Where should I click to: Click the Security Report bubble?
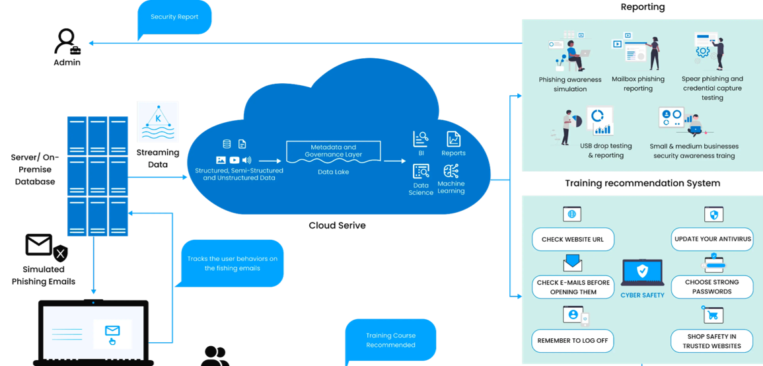(174, 17)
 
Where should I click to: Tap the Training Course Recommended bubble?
(391, 340)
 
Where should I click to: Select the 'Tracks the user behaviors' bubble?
(232, 263)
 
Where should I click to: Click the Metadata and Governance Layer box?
(332, 150)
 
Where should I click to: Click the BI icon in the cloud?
(421, 139)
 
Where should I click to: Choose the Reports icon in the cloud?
(453, 139)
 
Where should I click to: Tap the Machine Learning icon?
(452, 171)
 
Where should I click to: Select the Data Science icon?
(421, 172)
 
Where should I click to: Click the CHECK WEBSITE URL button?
(572, 239)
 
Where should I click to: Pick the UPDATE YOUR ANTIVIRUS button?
(713, 239)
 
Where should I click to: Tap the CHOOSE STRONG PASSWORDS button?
(712, 287)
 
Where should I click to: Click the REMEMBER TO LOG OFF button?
(572, 341)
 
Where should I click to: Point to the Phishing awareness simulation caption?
(570, 84)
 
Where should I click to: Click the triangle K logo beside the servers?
(157, 122)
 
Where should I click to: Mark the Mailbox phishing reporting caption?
(637, 84)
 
